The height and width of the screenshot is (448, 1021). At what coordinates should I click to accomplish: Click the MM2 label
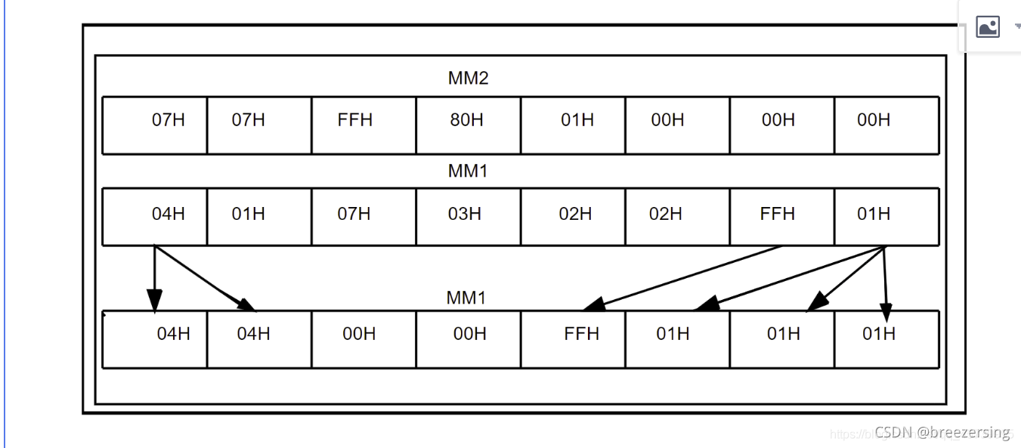tap(468, 79)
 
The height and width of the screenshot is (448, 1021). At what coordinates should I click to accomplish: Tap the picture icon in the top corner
tap(988, 27)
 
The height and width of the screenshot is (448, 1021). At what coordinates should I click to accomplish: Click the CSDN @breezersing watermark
tap(942, 432)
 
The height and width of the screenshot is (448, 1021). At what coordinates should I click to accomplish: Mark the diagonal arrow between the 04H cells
tap(206, 278)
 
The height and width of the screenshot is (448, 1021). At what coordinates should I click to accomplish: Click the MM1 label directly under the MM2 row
tap(468, 171)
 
